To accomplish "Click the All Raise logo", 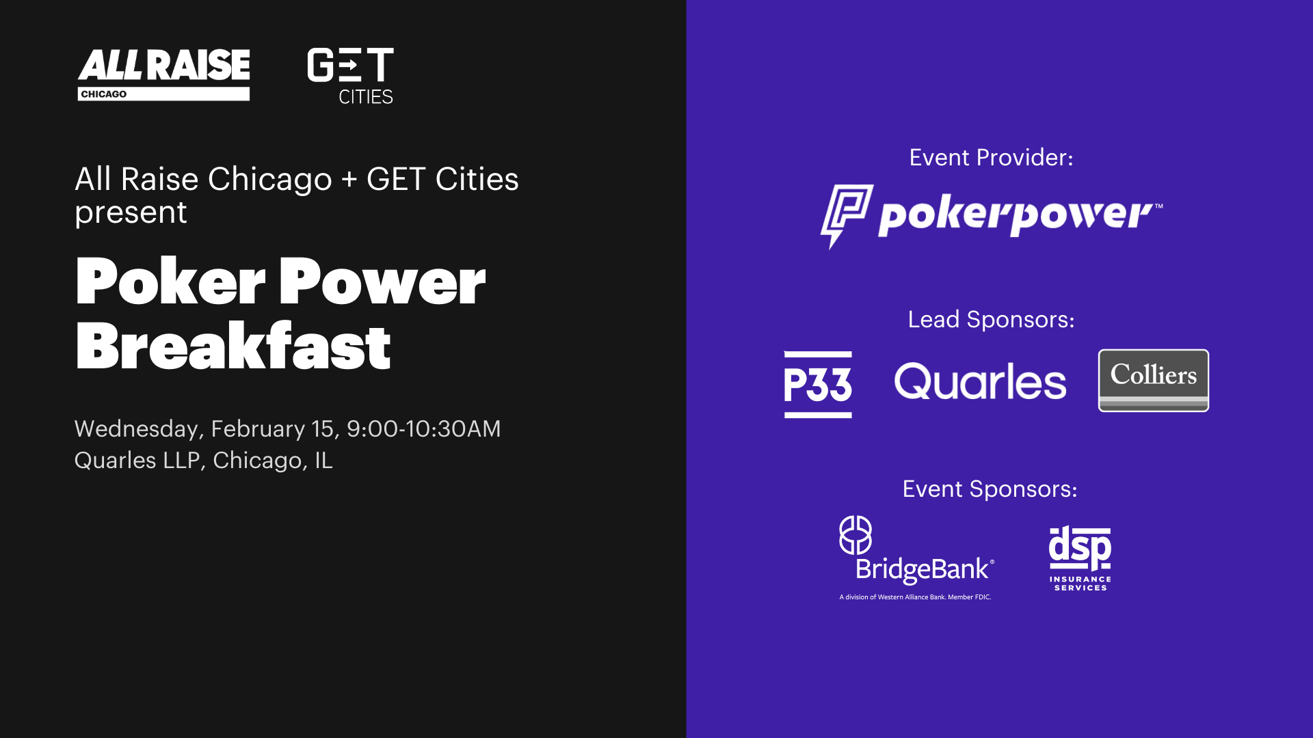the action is coord(163,74).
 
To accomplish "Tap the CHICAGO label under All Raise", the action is coord(103,94).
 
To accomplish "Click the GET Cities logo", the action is coord(351,76).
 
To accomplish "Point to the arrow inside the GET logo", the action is coord(349,66).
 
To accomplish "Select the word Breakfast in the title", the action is coord(233,346).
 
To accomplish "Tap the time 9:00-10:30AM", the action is coord(423,428).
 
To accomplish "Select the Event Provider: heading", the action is coord(991,158).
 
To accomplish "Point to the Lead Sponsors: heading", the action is coord(991,320).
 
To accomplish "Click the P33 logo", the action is coord(818,384).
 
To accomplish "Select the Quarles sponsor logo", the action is coord(980,382).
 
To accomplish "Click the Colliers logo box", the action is coord(1154,381).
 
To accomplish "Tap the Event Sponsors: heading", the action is coord(990,489).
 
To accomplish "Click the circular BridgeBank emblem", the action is coord(856,535).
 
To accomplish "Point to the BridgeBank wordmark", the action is coord(925,570).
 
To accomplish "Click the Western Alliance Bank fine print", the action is coord(915,597).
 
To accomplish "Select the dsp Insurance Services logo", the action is coord(1080,558).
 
